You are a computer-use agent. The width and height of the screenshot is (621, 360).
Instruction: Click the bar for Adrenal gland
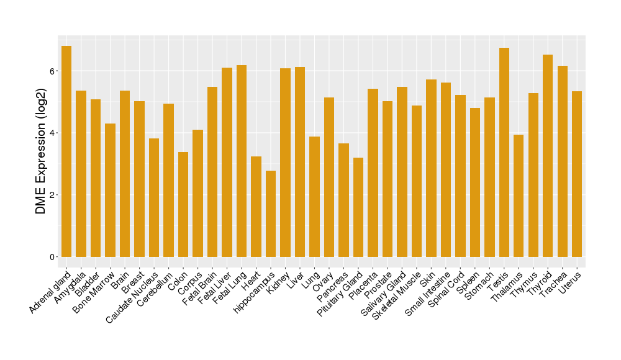coord(66,151)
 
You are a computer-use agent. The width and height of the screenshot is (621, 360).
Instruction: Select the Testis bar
coord(504,152)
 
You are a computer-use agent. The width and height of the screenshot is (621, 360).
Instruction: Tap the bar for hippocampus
coord(271,214)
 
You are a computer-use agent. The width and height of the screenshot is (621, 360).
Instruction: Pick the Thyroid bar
coord(548,156)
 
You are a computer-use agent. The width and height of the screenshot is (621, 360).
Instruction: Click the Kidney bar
coord(285,163)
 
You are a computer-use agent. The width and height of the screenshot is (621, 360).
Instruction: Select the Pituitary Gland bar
coord(358,207)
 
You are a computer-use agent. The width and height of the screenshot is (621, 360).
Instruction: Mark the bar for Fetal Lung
coord(242,161)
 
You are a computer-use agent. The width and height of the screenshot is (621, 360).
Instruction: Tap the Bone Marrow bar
coord(110,190)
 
